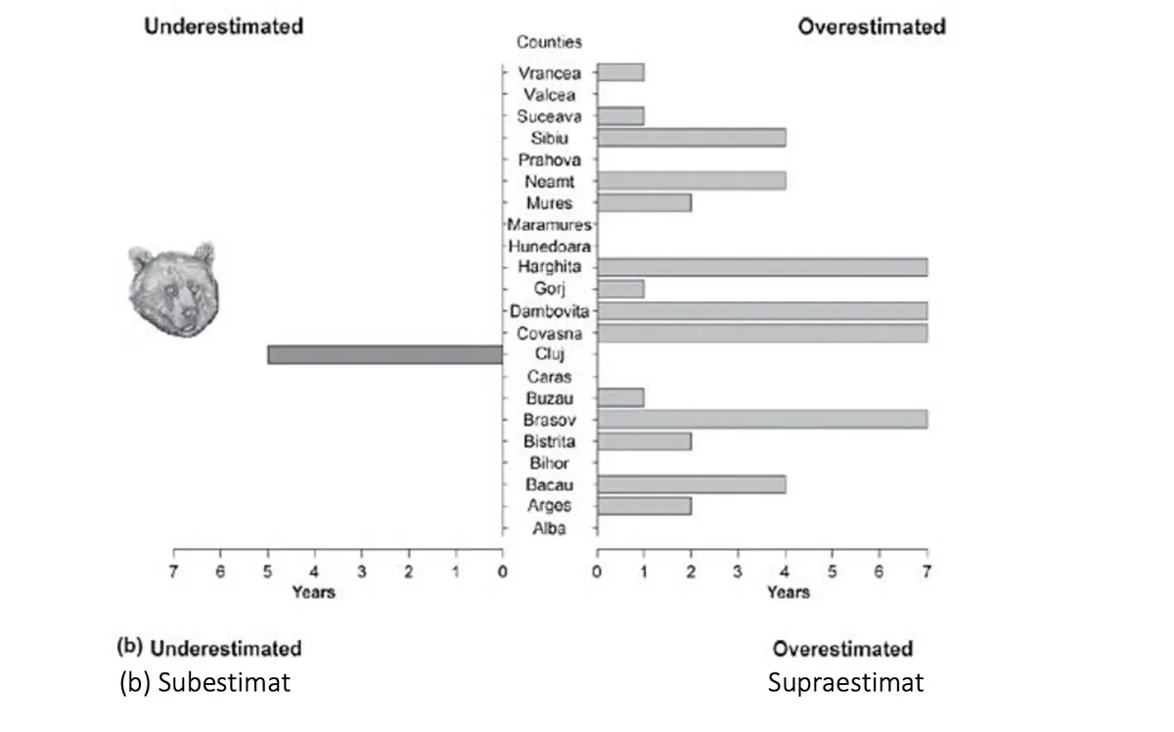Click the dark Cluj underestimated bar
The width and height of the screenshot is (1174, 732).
click(x=384, y=354)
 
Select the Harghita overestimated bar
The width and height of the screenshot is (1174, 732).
click(x=762, y=267)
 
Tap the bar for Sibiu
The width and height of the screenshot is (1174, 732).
click(x=691, y=138)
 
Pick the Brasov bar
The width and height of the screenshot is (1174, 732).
click(x=762, y=419)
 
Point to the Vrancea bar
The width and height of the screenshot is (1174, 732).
click(x=620, y=72)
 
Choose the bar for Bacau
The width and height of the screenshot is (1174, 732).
click(x=691, y=483)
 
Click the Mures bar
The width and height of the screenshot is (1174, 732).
click(x=644, y=203)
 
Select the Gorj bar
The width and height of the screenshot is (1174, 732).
click(x=620, y=289)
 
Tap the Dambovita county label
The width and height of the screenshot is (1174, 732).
click(x=549, y=311)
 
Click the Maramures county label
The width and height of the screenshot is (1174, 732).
click(x=549, y=225)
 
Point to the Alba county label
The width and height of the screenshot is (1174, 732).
click(x=549, y=528)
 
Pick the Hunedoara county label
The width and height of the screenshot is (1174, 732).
click(x=549, y=247)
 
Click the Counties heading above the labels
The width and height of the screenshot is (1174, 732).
click(x=549, y=42)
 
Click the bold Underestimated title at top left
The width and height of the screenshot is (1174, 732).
click(x=223, y=26)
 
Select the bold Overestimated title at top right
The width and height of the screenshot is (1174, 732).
click(x=872, y=26)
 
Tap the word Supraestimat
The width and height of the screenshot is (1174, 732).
click(x=845, y=682)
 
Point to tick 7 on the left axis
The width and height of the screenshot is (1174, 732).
click(x=174, y=572)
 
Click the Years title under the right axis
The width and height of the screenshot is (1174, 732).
click(x=788, y=592)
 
